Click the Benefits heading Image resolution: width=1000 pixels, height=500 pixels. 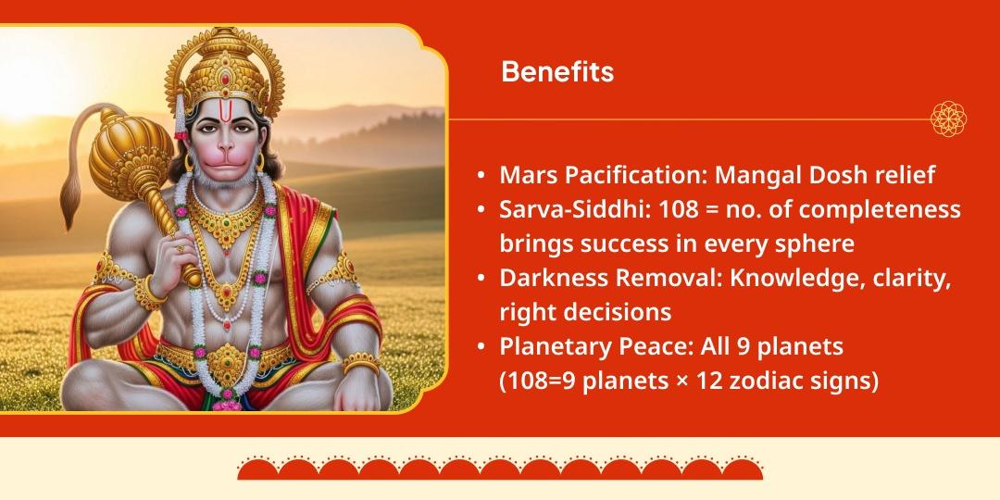coord(557,72)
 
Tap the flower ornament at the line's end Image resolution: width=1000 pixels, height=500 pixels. coord(948,119)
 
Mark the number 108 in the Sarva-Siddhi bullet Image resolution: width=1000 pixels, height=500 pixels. coord(679,209)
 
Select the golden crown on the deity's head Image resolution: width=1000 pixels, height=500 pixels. coord(222,65)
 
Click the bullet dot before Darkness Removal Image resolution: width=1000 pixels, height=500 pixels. coord(481,278)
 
